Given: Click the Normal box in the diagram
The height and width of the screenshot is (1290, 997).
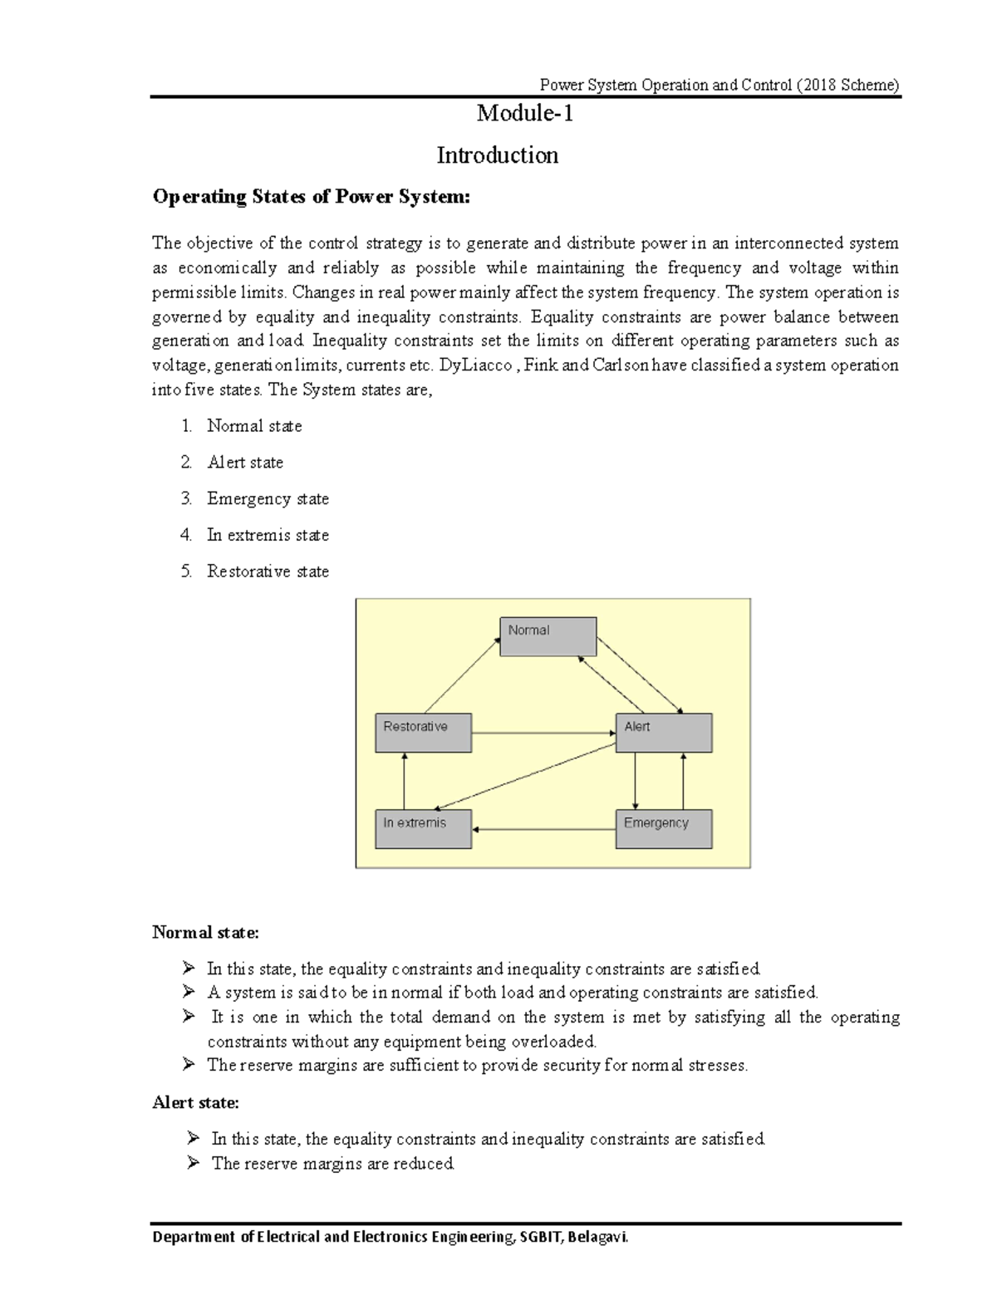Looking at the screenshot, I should pos(548,636).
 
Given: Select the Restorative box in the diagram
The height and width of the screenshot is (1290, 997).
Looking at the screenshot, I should pos(423,733).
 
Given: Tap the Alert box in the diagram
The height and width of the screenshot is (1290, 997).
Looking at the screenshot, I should pos(663,733).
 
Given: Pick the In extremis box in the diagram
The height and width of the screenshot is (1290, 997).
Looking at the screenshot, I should pos(423,829).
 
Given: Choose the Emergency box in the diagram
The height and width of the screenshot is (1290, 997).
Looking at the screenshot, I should pos(663,829).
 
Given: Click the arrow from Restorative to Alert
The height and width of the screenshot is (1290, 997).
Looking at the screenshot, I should pos(543,733).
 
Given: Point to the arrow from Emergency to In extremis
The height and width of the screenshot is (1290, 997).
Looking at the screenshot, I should pos(543,829).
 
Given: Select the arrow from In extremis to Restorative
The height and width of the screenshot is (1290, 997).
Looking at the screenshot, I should pos(404,781).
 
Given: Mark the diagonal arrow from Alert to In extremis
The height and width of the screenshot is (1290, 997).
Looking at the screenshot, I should pos(525,777).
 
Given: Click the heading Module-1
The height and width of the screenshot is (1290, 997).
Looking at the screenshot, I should pos(524,113).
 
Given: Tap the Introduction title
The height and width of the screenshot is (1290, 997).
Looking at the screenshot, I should pos(498,155).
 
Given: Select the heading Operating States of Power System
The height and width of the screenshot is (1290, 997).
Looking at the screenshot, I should pos(311,197).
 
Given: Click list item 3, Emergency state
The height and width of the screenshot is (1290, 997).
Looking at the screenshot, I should pos(268,498).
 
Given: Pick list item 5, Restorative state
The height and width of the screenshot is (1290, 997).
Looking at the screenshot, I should pos(268,571).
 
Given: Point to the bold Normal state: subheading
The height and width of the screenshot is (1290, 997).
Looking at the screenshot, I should pos(205,933).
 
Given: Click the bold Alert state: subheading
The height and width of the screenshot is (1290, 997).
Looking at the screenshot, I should pos(195,1103).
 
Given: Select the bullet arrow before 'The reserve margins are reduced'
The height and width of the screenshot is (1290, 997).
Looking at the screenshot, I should pos(194,1163).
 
